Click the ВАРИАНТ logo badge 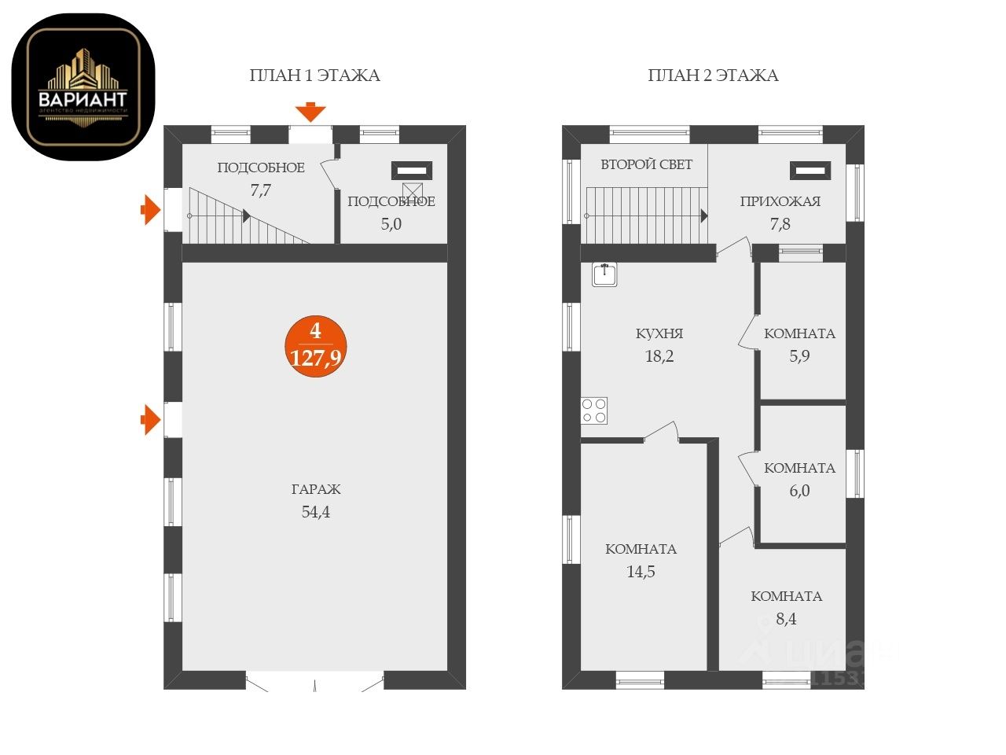[83, 87]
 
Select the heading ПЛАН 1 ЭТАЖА [314, 75]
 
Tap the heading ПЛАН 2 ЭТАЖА [713, 75]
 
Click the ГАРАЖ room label [316, 489]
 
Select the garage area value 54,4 [316, 512]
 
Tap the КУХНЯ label [659, 333]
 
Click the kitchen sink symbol [604, 274]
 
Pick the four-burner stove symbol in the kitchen [594, 411]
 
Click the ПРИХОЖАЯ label [780, 201]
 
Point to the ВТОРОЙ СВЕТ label [646, 164]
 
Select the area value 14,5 [641, 572]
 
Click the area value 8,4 [786, 619]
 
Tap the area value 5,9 [799, 355]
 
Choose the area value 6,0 [799, 491]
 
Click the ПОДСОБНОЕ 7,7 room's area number [260, 190]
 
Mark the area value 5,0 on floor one [391, 223]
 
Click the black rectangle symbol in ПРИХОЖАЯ [810, 170]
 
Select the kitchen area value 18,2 [659, 356]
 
